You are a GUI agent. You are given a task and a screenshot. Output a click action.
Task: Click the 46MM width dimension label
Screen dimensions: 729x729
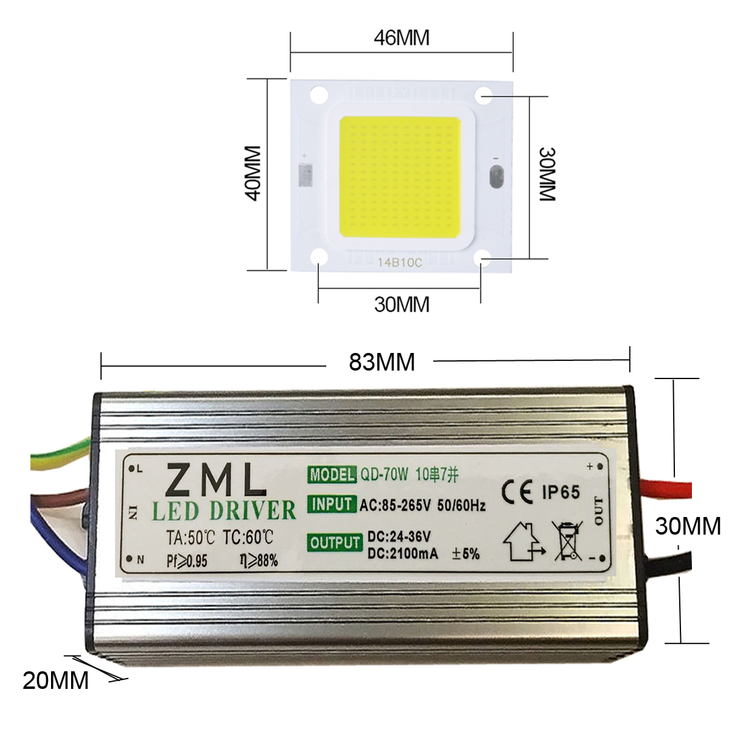click(401, 38)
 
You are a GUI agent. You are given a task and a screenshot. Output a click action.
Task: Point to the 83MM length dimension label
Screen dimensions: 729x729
click(382, 362)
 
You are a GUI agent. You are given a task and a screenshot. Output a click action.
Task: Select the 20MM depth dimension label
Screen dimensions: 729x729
click(56, 680)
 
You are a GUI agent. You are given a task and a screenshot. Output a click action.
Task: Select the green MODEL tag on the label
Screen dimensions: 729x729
click(332, 474)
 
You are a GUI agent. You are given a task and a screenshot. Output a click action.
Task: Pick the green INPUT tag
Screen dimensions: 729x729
click(332, 504)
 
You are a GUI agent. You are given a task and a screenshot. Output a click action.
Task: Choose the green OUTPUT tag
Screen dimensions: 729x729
click(335, 542)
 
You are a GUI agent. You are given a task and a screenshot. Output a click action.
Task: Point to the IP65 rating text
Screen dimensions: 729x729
click(561, 492)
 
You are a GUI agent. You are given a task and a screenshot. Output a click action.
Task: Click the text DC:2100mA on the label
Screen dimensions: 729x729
click(402, 553)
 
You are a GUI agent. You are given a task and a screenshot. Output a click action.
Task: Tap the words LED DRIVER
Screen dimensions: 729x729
click(224, 511)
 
